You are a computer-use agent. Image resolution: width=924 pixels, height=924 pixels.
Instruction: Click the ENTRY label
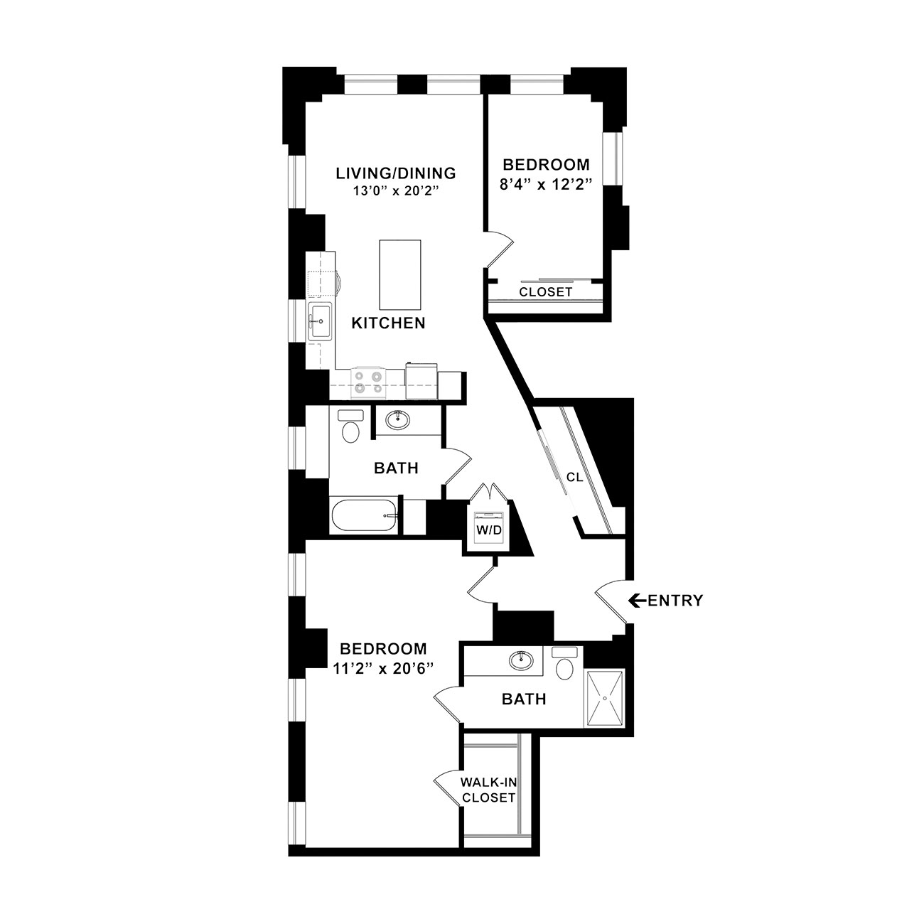click(675, 601)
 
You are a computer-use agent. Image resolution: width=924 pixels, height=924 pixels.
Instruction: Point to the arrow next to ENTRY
click(638, 601)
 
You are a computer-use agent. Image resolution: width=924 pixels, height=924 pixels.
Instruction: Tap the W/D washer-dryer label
click(488, 530)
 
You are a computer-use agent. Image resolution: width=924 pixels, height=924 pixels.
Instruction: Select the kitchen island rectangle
click(400, 275)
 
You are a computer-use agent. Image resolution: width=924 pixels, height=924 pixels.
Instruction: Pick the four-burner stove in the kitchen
click(369, 382)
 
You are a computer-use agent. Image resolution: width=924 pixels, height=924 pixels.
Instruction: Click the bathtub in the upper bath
click(365, 515)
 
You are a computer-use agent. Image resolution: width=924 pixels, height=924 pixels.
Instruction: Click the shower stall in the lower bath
click(605, 698)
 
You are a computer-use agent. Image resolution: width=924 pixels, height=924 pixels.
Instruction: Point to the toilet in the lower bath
click(565, 663)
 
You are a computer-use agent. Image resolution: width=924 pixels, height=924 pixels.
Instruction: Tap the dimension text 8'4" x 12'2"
click(544, 185)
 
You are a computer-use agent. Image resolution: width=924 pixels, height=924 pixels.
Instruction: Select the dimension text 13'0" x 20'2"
click(396, 191)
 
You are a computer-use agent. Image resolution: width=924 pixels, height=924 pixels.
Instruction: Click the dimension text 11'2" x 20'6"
click(384, 669)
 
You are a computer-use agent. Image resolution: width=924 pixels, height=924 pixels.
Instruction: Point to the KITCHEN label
click(388, 323)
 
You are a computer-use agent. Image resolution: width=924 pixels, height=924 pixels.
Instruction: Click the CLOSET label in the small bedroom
click(546, 292)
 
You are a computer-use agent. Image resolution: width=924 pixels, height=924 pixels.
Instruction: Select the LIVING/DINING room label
click(396, 173)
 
